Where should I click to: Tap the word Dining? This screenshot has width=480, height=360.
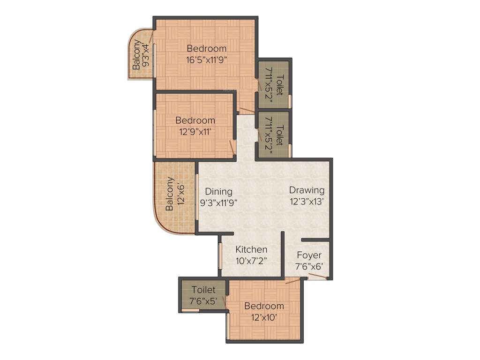219,191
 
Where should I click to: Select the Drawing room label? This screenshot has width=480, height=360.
307,190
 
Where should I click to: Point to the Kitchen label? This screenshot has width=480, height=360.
251,249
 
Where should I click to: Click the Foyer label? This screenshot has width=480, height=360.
309,255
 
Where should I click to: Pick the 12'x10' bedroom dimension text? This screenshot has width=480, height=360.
264,317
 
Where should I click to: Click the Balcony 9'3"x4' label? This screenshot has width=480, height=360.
141,55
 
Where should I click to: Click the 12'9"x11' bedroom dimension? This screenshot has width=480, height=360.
195,132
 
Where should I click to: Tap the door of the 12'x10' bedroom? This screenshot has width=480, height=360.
292,281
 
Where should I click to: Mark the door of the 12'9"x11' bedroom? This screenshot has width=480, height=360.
232,148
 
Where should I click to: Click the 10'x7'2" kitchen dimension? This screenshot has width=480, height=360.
251,261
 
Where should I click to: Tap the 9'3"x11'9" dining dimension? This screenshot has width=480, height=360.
219,203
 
